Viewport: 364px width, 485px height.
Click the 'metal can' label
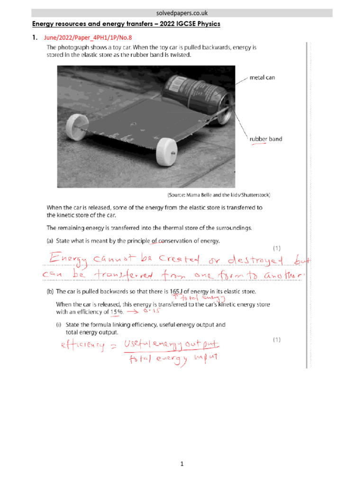262,78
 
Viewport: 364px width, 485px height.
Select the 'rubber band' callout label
265,139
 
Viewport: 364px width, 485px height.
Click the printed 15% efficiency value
117,312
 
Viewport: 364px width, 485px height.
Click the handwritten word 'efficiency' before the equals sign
80,346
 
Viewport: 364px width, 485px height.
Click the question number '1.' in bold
35,37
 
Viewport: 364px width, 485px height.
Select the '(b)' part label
50,292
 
